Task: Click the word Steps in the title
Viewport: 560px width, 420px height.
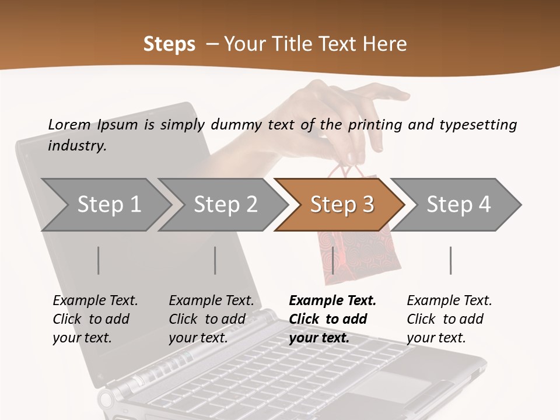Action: (169, 44)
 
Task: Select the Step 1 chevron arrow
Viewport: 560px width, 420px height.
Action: (105, 204)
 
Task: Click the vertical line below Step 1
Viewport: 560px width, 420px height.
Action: (99, 260)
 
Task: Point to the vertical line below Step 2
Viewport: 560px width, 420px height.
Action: (215, 260)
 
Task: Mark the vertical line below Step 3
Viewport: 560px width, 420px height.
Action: (332, 260)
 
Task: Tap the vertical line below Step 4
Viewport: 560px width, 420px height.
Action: (450, 260)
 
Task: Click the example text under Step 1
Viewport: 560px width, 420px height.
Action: (95, 319)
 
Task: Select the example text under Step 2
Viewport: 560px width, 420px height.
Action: (211, 319)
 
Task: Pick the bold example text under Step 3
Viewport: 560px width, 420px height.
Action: (332, 319)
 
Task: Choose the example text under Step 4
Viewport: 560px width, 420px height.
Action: (449, 319)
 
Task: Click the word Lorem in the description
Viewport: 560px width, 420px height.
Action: (69, 124)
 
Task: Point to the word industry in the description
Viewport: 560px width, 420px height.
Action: (76, 146)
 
